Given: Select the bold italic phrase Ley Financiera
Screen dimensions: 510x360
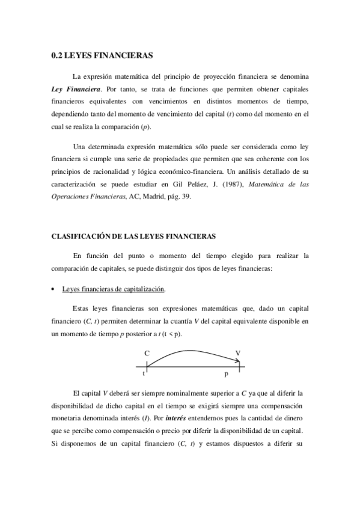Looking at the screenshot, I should (75, 88).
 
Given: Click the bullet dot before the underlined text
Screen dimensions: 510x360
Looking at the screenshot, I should (53, 290).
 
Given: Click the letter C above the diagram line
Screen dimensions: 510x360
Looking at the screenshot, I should (147, 353).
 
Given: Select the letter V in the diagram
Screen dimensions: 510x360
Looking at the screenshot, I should (239, 353).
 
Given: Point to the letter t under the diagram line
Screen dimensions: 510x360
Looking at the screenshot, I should (144, 373).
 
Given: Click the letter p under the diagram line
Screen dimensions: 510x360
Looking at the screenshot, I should (226, 374).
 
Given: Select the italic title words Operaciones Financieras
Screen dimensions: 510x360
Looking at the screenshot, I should (88, 196).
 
